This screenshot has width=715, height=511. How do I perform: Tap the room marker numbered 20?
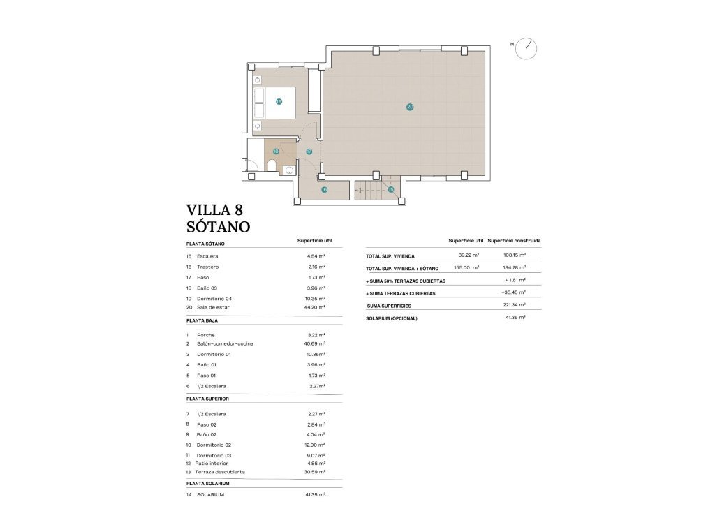410,107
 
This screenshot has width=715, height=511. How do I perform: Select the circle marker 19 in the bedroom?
279,101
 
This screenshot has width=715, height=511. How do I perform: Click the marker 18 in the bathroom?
276,151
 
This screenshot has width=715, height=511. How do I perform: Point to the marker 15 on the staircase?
391,189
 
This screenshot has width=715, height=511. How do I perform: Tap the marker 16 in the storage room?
324,189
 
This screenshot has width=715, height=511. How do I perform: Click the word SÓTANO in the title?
218,226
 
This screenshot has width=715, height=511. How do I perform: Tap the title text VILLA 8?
214,209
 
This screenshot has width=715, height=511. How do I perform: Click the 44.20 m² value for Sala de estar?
316,307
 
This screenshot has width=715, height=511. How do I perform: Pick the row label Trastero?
208,267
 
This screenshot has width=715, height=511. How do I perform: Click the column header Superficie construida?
514,240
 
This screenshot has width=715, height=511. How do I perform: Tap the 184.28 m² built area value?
513,267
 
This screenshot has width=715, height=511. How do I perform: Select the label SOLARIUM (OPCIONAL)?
392,318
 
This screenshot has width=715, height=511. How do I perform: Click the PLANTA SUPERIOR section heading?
207,399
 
